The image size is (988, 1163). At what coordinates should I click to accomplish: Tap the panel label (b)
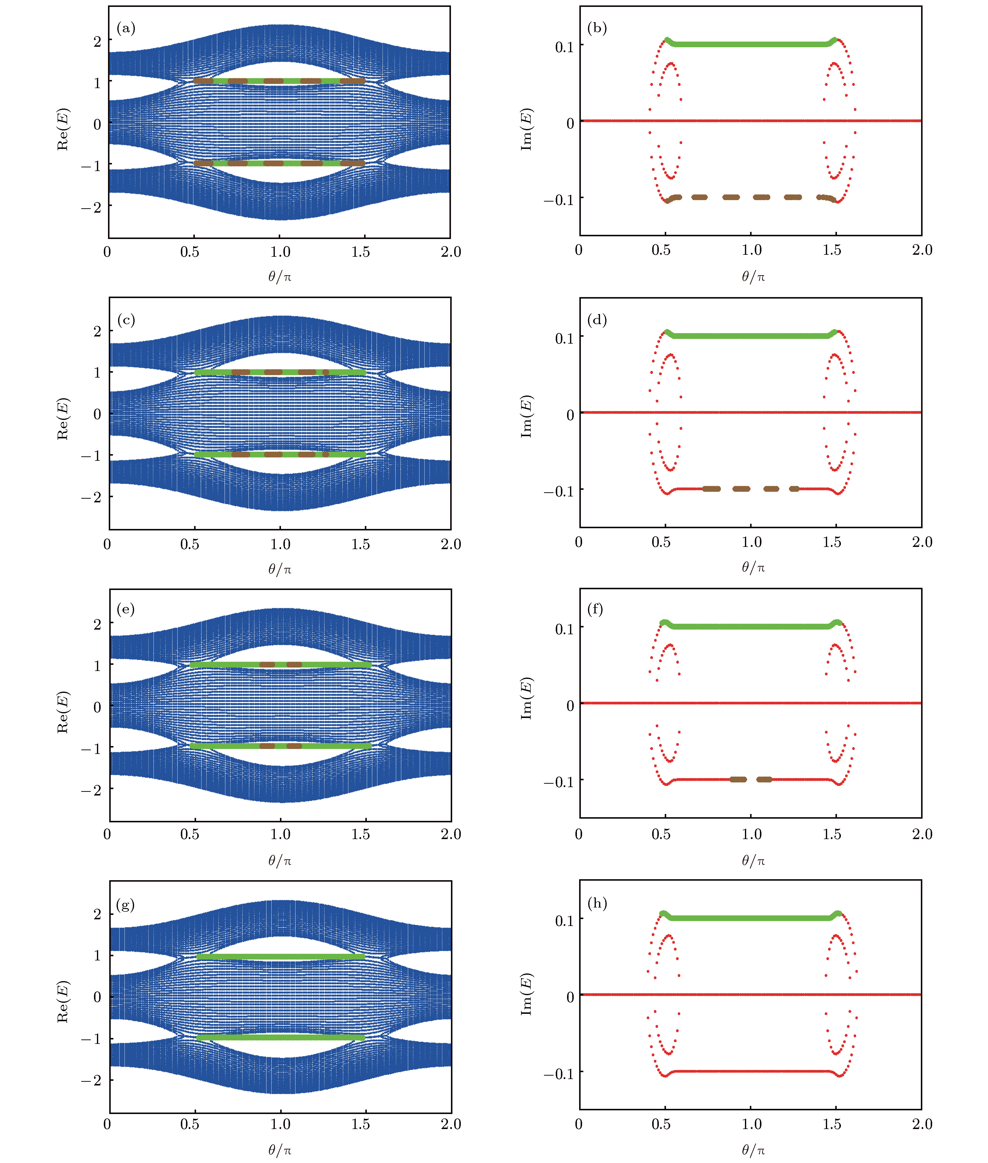(597, 28)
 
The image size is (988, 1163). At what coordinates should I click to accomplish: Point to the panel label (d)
(597, 320)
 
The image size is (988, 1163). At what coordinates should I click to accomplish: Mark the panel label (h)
(597, 903)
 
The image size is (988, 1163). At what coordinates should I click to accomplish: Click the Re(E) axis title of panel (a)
(63, 129)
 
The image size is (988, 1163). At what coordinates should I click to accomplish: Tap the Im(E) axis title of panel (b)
(526, 129)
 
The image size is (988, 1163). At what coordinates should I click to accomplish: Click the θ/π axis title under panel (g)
(279, 1150)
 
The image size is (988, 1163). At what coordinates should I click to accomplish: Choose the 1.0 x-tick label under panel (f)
(752, 834)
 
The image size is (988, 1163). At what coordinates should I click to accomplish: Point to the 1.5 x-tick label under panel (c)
(361, 544)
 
